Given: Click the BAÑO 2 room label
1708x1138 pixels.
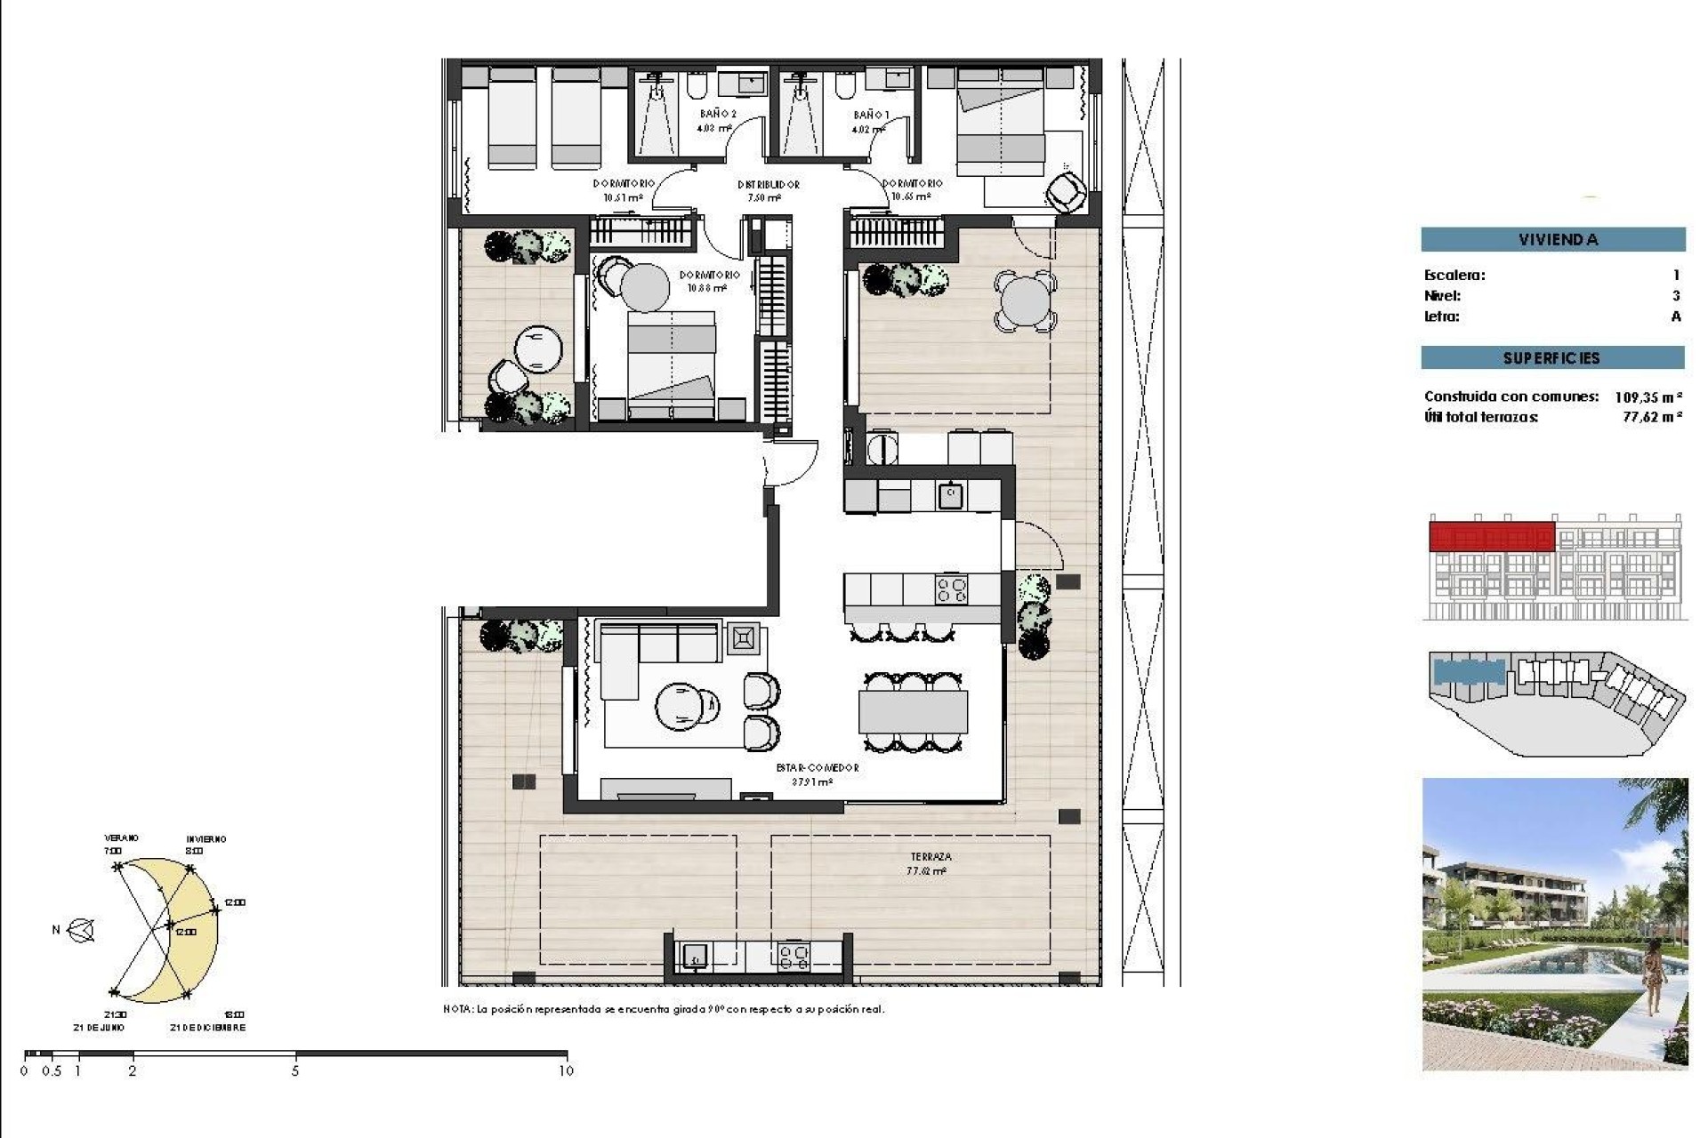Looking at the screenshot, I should tap(717, 114).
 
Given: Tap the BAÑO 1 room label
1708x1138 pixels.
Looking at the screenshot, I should tap(870, 115).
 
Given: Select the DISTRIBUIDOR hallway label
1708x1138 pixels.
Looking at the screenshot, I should tap(768, 185).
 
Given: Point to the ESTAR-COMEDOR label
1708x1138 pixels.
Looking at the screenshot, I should tap(817, 768).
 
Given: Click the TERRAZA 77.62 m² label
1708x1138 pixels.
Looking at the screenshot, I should tap(930, 863).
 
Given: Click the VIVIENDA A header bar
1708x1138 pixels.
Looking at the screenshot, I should tap(1552, 239).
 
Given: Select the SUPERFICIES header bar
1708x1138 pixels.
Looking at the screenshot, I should tap(1552, 358).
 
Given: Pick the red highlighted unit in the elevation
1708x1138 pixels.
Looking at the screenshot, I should tap(1491, 537).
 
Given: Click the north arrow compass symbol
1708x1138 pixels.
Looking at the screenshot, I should tap(82, 930).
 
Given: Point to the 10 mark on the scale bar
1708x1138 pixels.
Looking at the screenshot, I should tap(566, 1071).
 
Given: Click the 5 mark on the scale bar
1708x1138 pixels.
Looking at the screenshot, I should tap(295, 1071).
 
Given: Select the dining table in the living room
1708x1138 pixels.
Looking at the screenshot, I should tap(912, 711).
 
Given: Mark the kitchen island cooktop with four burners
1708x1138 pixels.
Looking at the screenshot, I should tap(951, 589).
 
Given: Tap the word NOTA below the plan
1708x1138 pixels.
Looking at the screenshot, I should tap(457, 1009).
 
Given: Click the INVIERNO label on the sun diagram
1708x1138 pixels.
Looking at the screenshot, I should tap(205, 838).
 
